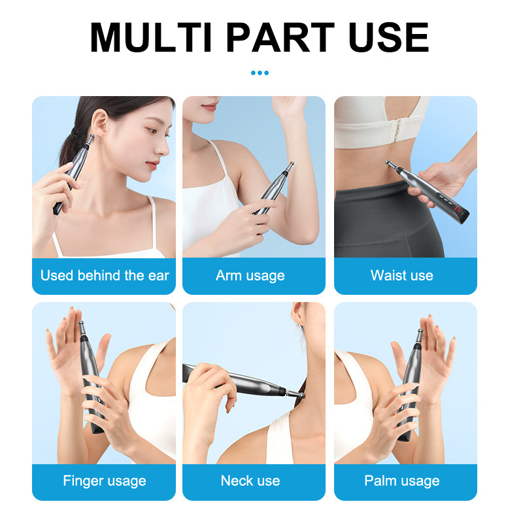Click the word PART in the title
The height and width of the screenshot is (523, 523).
pos(280,37)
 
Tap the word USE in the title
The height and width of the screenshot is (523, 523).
pos(388,37)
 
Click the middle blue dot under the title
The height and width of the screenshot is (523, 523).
pos(260,73)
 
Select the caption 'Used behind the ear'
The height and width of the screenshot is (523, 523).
pos(105,275)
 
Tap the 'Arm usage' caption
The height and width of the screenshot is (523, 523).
pos(250,276)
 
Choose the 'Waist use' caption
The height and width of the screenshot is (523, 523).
pos(402,275)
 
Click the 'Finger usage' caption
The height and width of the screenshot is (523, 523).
pos(105,481)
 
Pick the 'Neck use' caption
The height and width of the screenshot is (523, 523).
pos(250,481)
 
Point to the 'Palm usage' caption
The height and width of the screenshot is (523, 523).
pos(402,481)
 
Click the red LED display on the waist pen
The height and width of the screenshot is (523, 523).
pos(460,211)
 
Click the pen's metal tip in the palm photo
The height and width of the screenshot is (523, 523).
pos(420,335)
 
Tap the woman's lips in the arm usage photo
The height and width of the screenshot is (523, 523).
pos(209,107)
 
